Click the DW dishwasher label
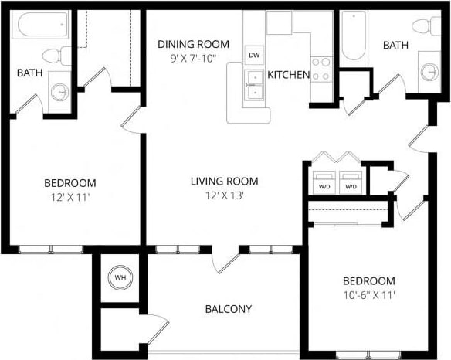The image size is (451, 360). click(x=253, y=56)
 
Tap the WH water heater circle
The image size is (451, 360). click(x=120, y=277)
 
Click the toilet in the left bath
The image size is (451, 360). click(x=55, y=56)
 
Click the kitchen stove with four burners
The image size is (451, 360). click(x=320, y=69)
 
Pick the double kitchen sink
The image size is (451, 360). click(x=253, y=86)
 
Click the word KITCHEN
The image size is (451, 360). click(x=289, y=75)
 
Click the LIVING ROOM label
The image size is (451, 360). click(x=225, y=182)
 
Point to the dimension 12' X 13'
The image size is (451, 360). click(x=225, y=195)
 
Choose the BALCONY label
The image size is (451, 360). click(x=228, y=309)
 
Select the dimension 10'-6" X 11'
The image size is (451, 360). click(x=369, y=294)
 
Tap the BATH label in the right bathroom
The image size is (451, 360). click(x=395, y=46)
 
